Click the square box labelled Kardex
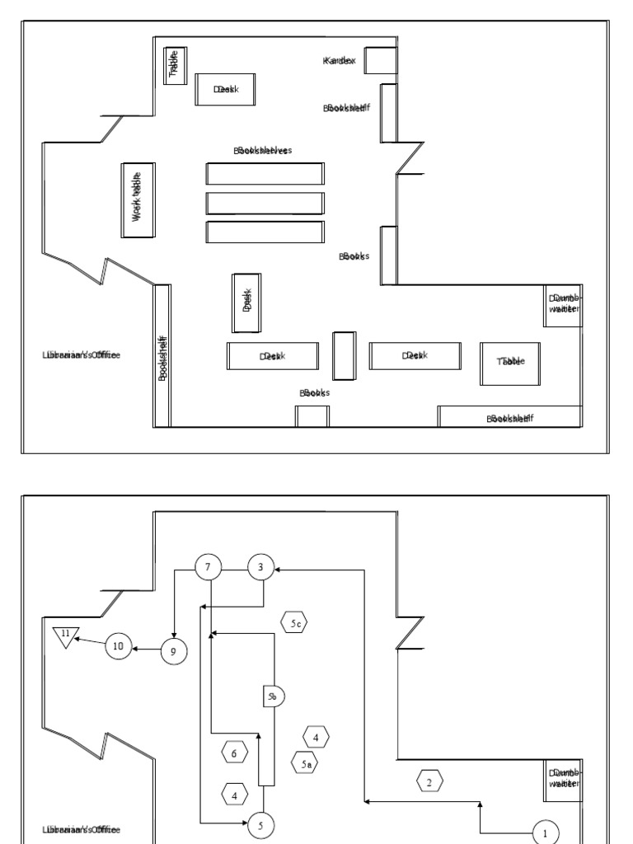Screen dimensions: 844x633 pyautogui.click(x=381, y=61)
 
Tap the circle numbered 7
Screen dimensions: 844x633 pyautogui.click(x=208, y=567)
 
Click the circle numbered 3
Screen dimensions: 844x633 pyautogui.click(x=261, y=567)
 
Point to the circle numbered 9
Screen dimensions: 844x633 pyautogui.click(x=173, y=650)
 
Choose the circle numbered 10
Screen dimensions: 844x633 pyautogui.click(x=118, y=647)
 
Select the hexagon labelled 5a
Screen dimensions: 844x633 pyautogui.click(x=305, y=764)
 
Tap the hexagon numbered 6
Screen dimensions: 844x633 pyautogui.click(x=235, y=752)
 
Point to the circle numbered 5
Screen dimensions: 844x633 pyautogui.click(x=261, y=823)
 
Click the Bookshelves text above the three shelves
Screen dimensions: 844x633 pyautogui.click(x=264, y=151)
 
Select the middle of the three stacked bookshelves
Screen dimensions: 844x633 pyautogui.click(x=265, y=203)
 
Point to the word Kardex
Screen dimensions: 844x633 pyautogui.click(x=340, y=62)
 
